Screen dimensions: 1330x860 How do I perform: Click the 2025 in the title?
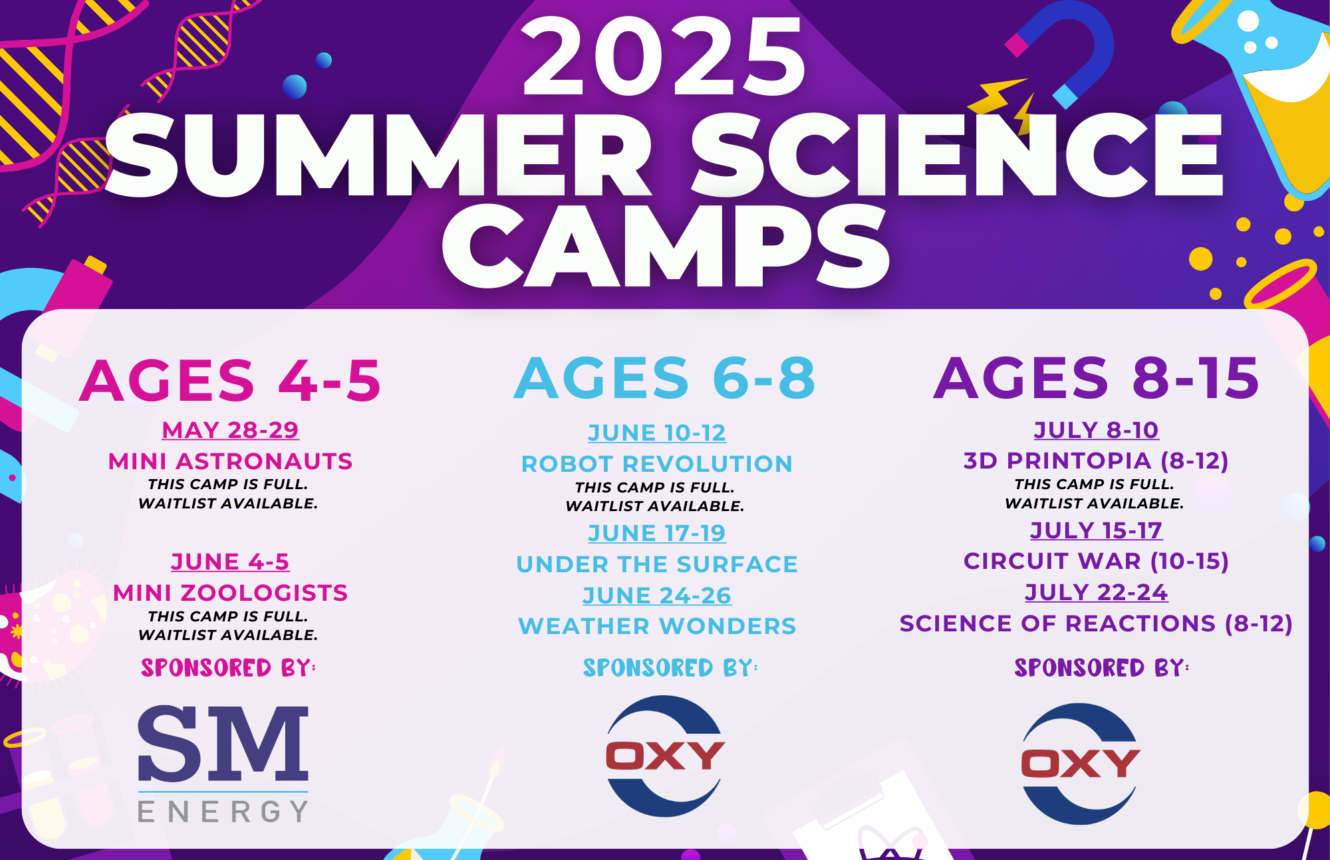pos(664,56)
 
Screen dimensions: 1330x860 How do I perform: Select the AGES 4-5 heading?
pos(230,380)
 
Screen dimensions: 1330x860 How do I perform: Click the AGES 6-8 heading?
pos(664,377)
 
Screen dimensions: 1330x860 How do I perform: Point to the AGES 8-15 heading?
pos(1096,377)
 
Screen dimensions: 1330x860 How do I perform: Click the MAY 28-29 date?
pos(230,430)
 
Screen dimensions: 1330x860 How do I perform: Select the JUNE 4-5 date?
pos(230,562)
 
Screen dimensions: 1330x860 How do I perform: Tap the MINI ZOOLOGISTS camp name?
pos(230,592)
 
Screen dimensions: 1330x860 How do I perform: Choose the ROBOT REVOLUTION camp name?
pos(657,463)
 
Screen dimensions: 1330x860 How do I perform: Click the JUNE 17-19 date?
pos(657,533)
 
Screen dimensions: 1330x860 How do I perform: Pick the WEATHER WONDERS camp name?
pos(657,625)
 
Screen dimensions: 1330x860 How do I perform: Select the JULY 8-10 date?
pos(1096,430)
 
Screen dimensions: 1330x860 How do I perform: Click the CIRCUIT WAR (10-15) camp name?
pos(1096,561)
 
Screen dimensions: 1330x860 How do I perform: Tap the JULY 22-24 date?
pos(1096,592)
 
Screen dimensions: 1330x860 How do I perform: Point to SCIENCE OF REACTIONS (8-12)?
pos(1096,623)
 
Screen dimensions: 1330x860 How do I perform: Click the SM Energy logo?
pos(223,764)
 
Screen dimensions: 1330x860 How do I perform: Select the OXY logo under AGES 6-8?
pos(665,756)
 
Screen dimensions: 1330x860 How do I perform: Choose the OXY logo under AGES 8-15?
pos(1081,764)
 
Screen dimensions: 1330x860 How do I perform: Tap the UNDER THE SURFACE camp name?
pos(657,564)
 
